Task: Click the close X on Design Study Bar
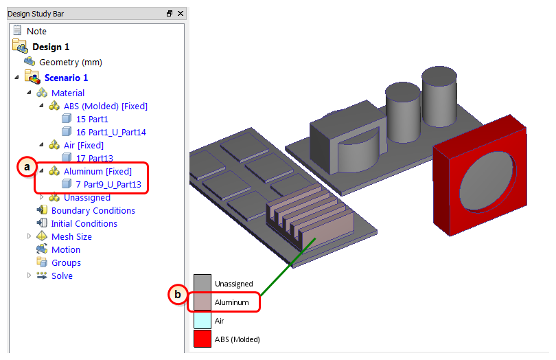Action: pyautogui.click(x=181, y=14)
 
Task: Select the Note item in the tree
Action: pyautogui.click(x=36, y=31)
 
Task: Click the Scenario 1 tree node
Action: pyautogui.click(x=66, y=78)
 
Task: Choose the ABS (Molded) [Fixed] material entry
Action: pyautogui.click(x=105, y=106)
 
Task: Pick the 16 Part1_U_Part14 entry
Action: pyautogui.click(x=111, y=133)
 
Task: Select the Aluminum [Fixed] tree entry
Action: pyautogui.click(x=97, y=172)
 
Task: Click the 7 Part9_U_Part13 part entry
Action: pyautogui.click(x=108, y=185)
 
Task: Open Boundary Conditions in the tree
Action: pyautogui.click(x=93, y=210)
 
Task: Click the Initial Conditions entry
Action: pyautogui.click(x=84, y=224)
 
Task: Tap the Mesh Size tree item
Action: pyautogui.click(x=71, y=237)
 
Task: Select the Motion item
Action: pyautogui.click(x=66, y=250)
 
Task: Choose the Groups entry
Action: pyautogui.click(x=67, y=263)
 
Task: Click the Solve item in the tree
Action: pyautogui.click(x=62, y=276)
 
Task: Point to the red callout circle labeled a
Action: pyautogui.click(x=27, y=166)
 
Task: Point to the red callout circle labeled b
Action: pyautogui.click(x=178, y=294)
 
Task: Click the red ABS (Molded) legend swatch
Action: pyautogui.click(x=202, y=339)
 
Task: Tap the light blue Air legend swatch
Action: pyautogui.click(x=202, y=320)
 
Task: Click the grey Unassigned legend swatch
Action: pyautogui.click(x=202, y=283)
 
